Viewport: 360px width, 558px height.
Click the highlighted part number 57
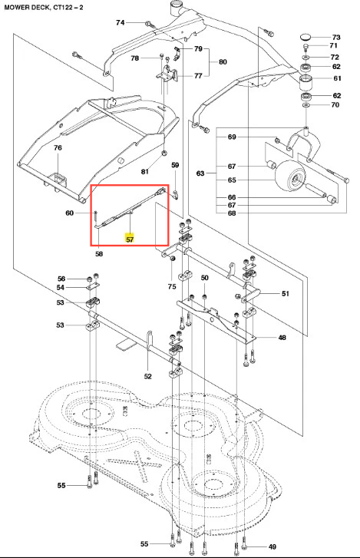(x=130, y=239)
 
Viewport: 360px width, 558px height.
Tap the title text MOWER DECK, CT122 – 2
(x=44, y=7)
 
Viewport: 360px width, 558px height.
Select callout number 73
(x=336, y=37)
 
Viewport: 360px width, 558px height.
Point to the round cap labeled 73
(x=306, y=37)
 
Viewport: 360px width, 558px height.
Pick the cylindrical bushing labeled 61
(x=305, y=83)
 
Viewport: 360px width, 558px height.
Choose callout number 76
(x=58, y=147)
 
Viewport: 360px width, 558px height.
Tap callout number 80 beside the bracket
(x=223, y=62)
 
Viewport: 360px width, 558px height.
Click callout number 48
(x=282, y=337)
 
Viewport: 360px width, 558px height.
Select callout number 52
(x=147, y=376)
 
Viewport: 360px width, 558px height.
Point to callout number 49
(x=272, y=546)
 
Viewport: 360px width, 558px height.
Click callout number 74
(x=121, y=22)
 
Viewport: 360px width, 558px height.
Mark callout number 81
(x=144, y=171)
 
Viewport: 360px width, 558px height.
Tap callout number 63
(x=200, y=173)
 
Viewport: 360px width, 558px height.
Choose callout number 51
(x=286, y=294)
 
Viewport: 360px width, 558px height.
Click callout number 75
(x=172, y=286)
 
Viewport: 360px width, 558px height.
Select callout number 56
(x=61, y=279)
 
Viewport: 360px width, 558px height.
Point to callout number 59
(x=175, y=165)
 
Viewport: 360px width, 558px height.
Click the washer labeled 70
(x=306, y=106)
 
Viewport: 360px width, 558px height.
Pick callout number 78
(x=134, y=58)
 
